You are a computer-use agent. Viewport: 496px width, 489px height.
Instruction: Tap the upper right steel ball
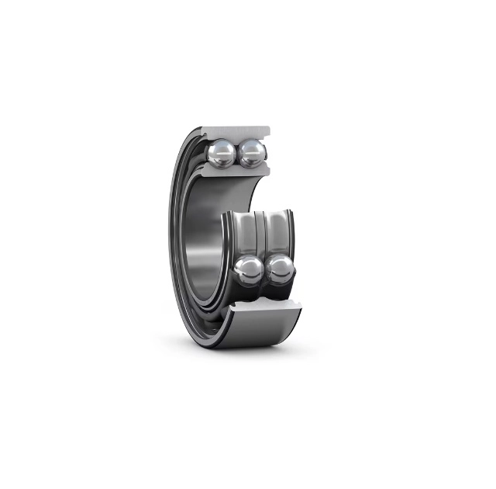pos(251,152)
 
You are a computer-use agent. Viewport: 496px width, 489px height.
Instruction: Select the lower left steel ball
pos(250,270)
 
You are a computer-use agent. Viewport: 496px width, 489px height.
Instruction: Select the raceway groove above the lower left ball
pos(246,233)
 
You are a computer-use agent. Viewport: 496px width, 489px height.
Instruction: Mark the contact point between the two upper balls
pos(237,152)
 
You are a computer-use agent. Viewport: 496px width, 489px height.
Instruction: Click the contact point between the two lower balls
pos(264,271)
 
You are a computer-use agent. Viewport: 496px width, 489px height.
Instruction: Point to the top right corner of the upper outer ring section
pos(270,127)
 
